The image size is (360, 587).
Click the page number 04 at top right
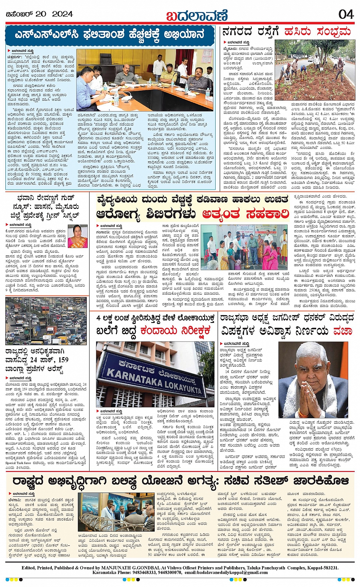[x=346, y=14]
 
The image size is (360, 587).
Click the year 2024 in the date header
[x=62, y=14]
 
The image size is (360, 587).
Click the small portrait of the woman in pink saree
[x=77, y=236]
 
